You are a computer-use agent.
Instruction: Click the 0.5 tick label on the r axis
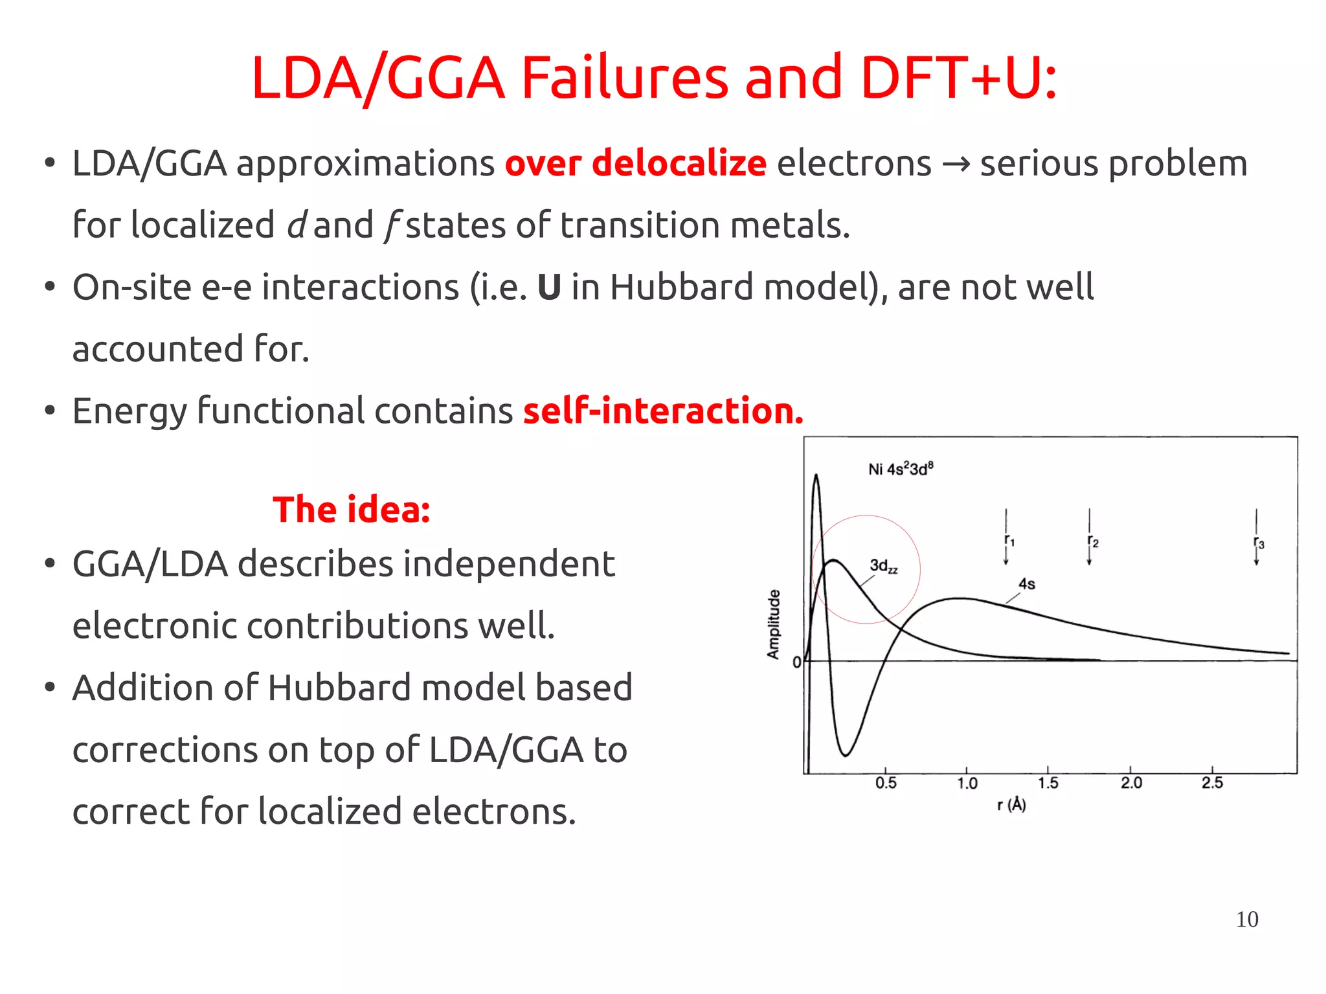coord(886,783)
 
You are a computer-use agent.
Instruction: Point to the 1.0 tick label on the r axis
coord(967,784)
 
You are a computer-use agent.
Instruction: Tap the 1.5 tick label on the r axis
coord(1048,783)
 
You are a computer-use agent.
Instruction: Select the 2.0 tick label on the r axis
coord(1131,783)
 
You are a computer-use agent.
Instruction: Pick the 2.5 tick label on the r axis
coord(1212,783)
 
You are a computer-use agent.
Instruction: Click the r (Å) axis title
coord(1011,805)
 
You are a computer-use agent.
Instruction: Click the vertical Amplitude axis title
coord(774,624)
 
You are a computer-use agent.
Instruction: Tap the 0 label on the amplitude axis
coord(796,662)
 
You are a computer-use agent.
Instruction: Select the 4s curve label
coord(1027,584)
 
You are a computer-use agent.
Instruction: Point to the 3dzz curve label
coord(883,567)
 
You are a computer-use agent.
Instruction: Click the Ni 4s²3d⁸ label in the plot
coord(901,469)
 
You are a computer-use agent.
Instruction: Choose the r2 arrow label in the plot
coord(1093,541)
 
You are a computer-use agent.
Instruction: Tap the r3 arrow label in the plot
coord(1259,543)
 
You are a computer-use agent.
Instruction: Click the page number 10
coord(1246,920)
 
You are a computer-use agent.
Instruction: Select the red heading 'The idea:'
coord(351,510)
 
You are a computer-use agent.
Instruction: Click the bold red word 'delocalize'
coord(679,163)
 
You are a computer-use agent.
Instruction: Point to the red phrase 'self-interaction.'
coord(663,411)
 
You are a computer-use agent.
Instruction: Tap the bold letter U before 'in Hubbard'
coord(549,288)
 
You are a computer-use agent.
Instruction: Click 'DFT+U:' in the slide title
coord(959,78)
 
